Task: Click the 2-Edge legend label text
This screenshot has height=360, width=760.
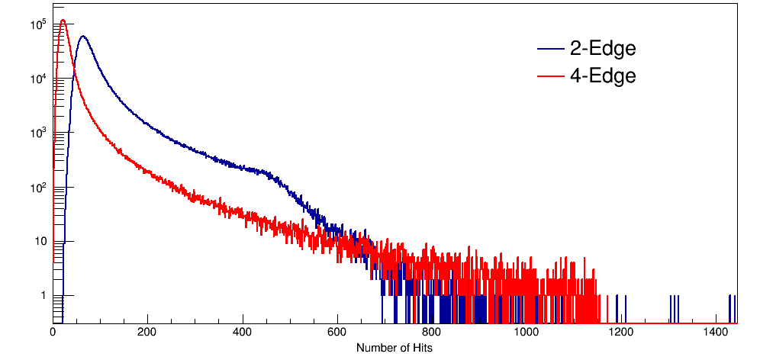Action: [602, 49]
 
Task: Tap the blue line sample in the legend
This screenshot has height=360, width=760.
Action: [549, 50]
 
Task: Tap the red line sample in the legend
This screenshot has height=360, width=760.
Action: [549, 76]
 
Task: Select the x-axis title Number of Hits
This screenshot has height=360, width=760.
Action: [394, 348]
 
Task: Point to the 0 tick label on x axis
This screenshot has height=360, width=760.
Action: [53, 333]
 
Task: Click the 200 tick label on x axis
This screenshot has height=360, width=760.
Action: [147, 333]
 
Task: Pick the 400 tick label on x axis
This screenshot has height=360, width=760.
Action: [243, 333]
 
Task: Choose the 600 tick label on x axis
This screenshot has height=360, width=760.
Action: [337, 333]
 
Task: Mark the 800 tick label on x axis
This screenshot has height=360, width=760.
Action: [432, 333]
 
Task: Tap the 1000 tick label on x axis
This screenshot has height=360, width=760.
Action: [527, 333]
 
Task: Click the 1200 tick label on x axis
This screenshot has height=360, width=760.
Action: [621, 333]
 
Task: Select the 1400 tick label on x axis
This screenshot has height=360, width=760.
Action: [717, 333]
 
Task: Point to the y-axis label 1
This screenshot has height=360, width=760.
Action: [43, 296]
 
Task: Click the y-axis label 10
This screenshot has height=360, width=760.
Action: [40, 242]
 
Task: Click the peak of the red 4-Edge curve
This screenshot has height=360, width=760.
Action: [63, 21]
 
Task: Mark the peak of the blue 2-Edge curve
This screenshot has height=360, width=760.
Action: [82, 36]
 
